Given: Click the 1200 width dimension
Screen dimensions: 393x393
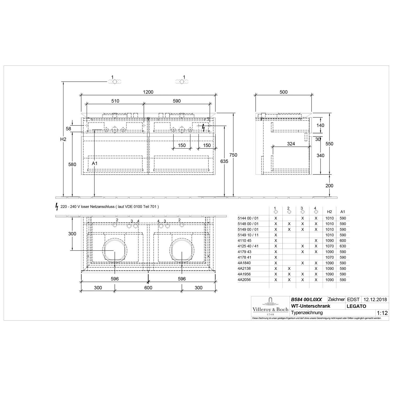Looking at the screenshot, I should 148,92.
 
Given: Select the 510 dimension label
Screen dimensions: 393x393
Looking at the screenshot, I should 115,101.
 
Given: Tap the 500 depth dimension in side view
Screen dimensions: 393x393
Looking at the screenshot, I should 283,92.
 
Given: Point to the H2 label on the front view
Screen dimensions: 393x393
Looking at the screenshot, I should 63,139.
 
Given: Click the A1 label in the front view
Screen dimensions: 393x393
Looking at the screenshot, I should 95,163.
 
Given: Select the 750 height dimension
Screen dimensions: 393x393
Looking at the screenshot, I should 233,155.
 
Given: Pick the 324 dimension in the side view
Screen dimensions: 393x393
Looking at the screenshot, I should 291,144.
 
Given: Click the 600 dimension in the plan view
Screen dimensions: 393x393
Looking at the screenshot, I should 148,288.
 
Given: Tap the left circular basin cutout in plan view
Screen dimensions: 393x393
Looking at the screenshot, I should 115,251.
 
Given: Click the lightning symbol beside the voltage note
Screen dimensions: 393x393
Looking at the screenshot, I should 57,207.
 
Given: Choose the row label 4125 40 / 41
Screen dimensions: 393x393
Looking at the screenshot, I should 248,246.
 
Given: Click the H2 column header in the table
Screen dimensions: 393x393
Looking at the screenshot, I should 330,212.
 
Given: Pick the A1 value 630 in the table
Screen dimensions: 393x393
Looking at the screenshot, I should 343,246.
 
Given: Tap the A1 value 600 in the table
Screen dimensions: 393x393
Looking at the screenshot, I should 343,241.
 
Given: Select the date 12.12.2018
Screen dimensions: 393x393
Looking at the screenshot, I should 375,299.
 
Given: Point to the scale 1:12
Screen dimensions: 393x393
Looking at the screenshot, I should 382,313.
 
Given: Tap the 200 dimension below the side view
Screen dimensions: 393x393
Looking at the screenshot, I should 329,185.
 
